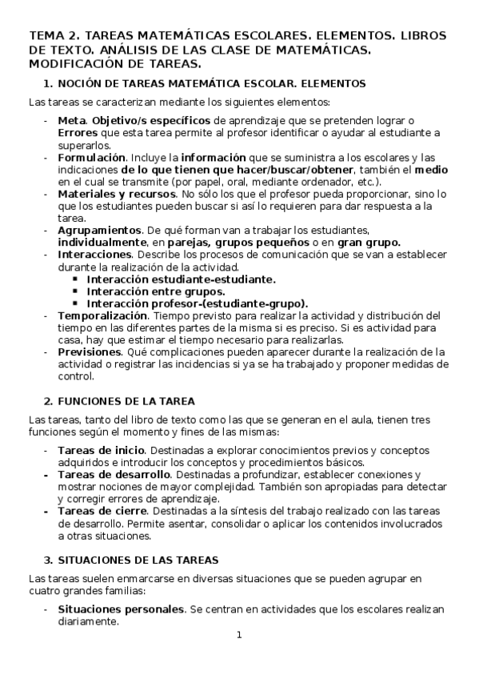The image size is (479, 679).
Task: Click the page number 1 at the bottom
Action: click(238, 636)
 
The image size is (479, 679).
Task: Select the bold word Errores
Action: click(78, 133)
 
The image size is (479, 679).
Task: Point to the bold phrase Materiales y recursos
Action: click(117, 195)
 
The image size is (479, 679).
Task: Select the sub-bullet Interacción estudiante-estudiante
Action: click(181, 279)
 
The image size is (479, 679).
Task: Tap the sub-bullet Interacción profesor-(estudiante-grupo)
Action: click(197, 303)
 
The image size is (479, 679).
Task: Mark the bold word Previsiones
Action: click(90, 352)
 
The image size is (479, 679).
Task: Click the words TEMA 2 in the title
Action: click(52, 36)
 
